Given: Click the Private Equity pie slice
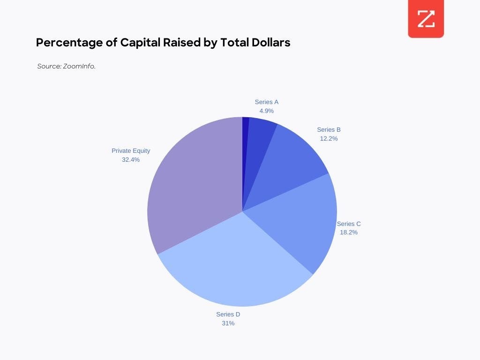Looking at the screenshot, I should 192,187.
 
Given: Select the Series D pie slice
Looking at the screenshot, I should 234,262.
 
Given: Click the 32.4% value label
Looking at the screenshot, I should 131,159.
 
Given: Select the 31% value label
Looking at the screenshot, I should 228,323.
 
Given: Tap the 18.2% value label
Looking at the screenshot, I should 349,232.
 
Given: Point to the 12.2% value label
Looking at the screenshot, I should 329,138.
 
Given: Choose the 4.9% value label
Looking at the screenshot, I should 267,111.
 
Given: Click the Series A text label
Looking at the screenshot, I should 267,102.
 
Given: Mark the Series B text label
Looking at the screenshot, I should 329,129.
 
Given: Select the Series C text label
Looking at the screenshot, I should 349,224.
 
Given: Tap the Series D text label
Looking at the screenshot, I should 228,314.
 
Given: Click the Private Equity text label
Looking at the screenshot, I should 131,150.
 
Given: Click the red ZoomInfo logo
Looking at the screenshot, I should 426,20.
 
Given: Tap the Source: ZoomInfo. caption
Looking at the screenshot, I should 66,67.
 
